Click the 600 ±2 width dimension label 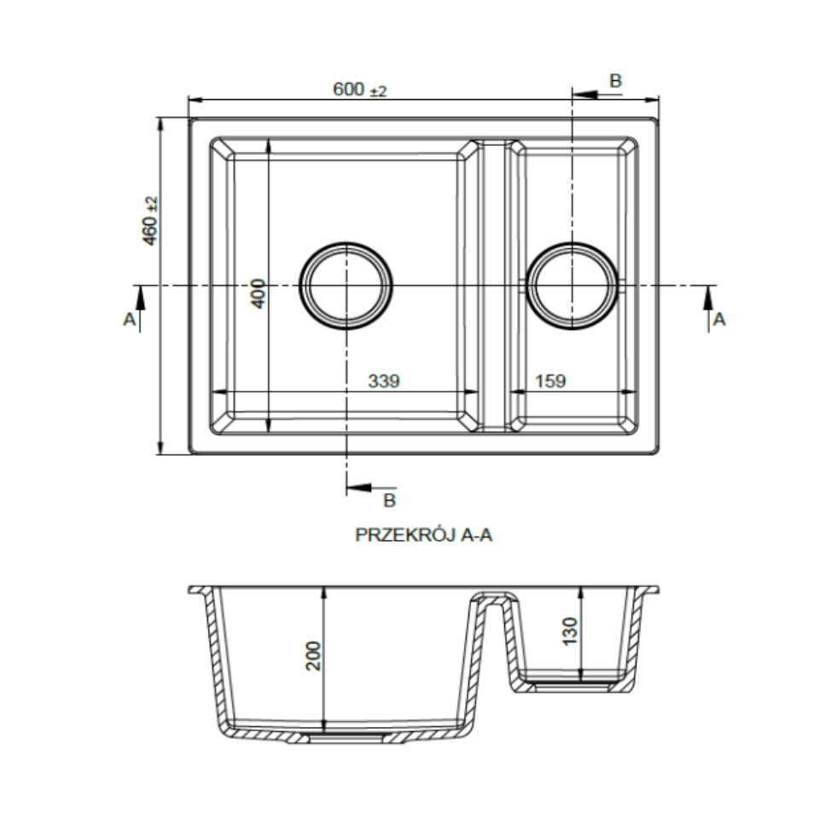pyautogui.click(x=359, y=89)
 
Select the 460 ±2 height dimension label pyautogui.click(x=150, y=221)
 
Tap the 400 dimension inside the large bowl pyautogui.click(x=258, y=293)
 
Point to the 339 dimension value pyautogui.click(x=384, y=381)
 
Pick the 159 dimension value pyautogui.click(x=550, y=381)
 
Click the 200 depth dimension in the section pyautogui.click(x=313, y=656)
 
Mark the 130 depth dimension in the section pyautogui.click(x=570, y=631)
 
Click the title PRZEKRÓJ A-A pyautogui.click(x=423, y=534)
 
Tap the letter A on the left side pyautogui.click(x=129, y=319)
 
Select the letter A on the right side pyautogui.click(x=719, y=319)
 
